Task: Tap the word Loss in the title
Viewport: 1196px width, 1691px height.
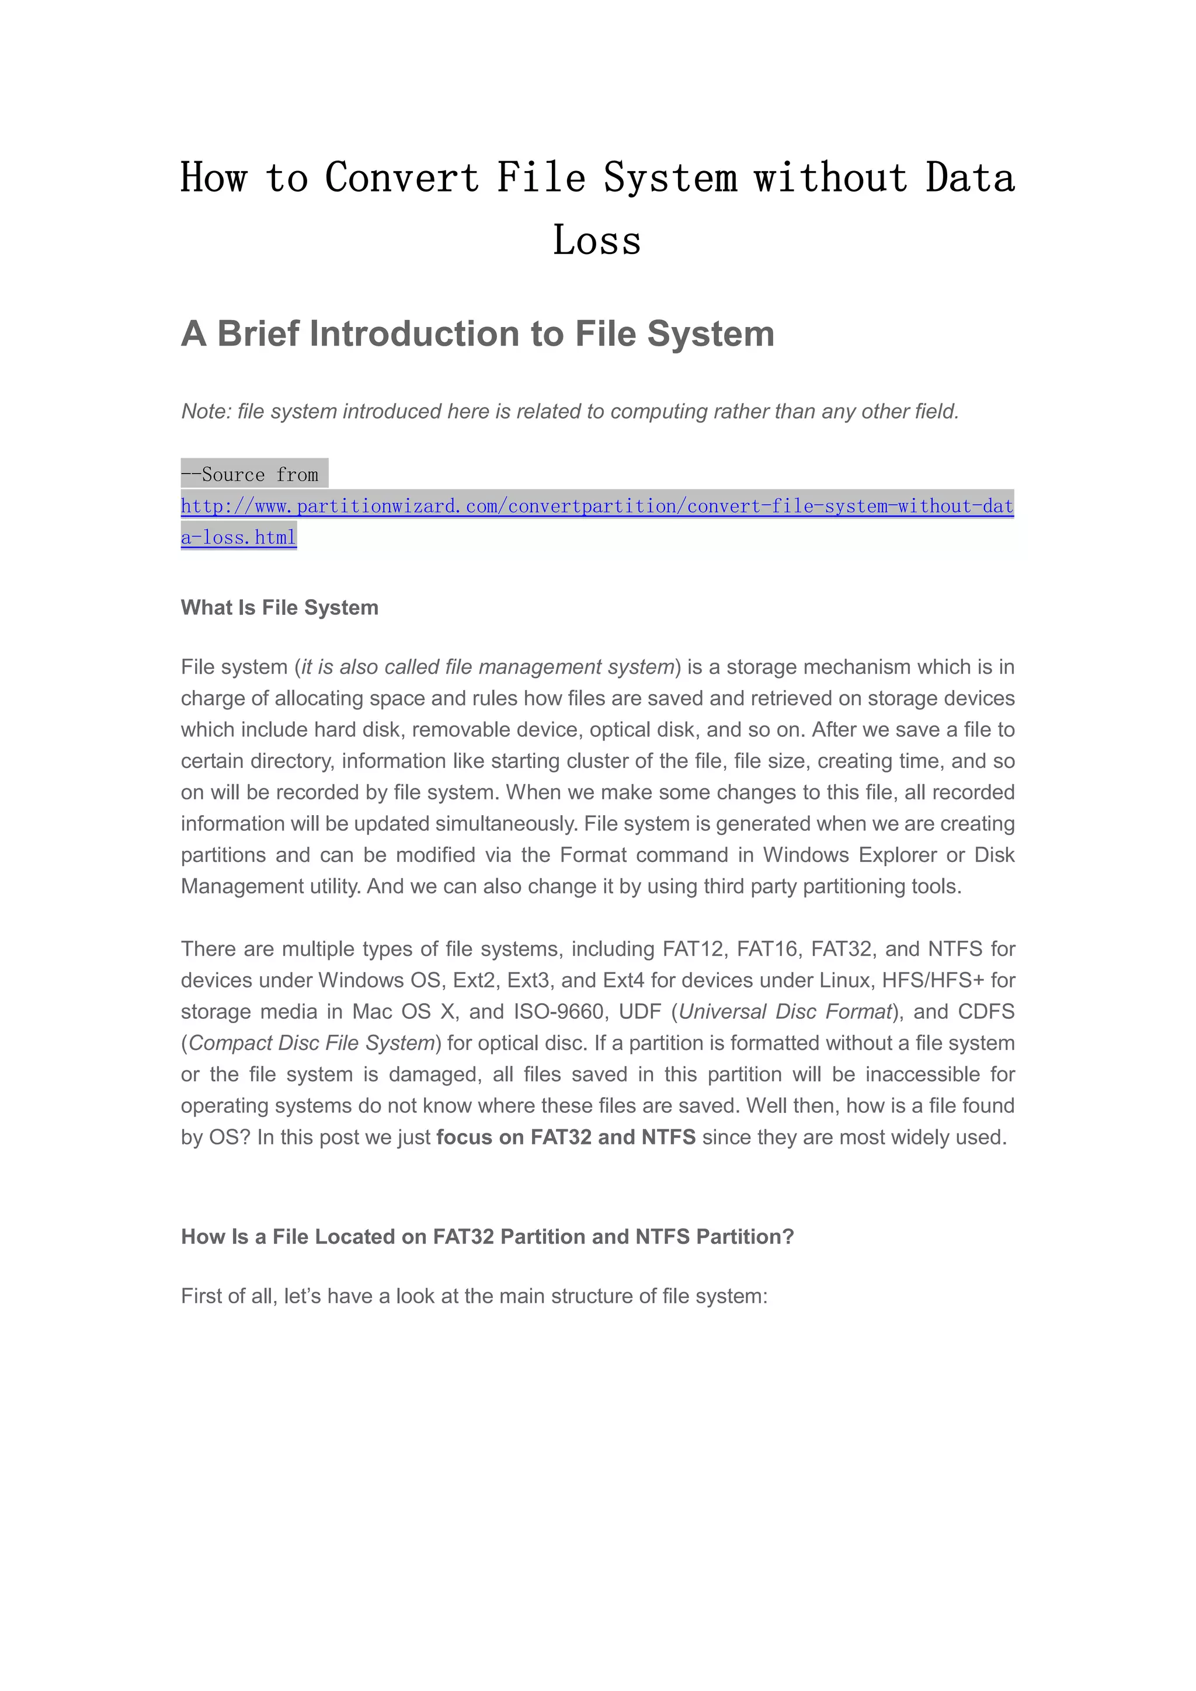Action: pyautogui.click(x=597, y=241)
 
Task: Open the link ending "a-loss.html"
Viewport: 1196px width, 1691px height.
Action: pyautogui.click(x=239, y=538)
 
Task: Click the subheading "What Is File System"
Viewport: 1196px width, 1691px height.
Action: pyautogui.click(x=279, y=608)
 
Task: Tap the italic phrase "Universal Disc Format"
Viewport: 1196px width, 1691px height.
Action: pyautogui.click(x=785, y=1011)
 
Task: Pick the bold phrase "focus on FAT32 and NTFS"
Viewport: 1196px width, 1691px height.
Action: pyautogui.click(x=566, y=1137)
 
